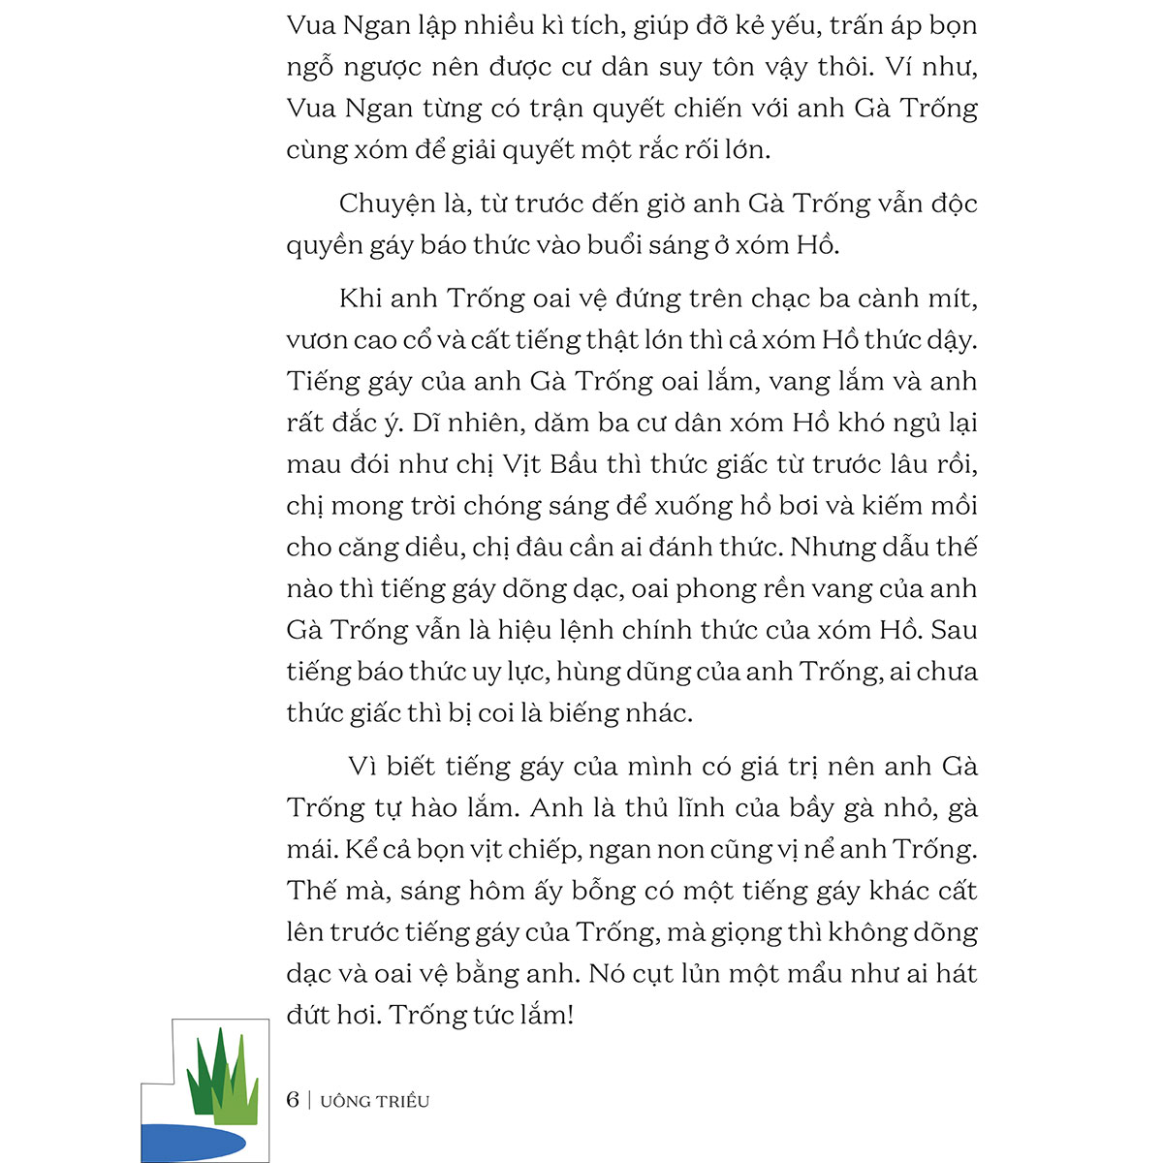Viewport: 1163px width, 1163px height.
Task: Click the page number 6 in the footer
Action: pos(293,1100)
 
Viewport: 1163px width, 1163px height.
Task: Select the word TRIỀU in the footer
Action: pos(405,1101)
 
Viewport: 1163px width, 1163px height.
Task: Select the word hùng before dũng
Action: pos(589,673)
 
